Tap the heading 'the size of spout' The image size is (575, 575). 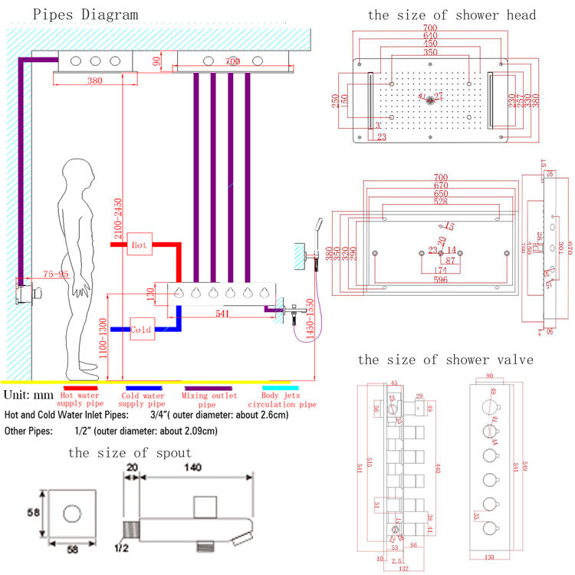coord(128,453)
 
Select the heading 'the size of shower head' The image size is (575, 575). coord(452,15)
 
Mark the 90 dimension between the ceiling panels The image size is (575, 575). coord(157,61)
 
